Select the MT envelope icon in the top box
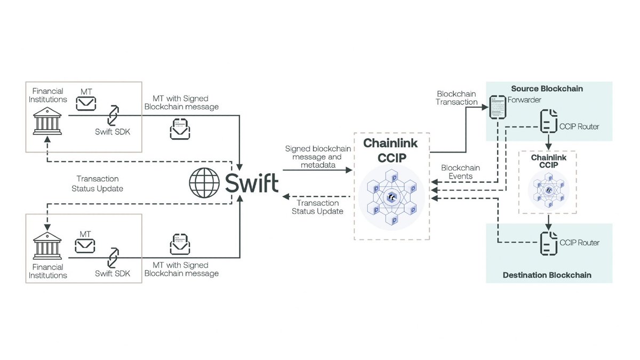[x=85, y=103]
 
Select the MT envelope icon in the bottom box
[x=85, y=245]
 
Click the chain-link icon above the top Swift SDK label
[x=113, y=115]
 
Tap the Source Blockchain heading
[x=547, y=89]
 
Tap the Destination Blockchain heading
[x=547, y=275]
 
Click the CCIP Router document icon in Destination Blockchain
[x=549, y=242]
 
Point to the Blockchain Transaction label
[x=457, y=98]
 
